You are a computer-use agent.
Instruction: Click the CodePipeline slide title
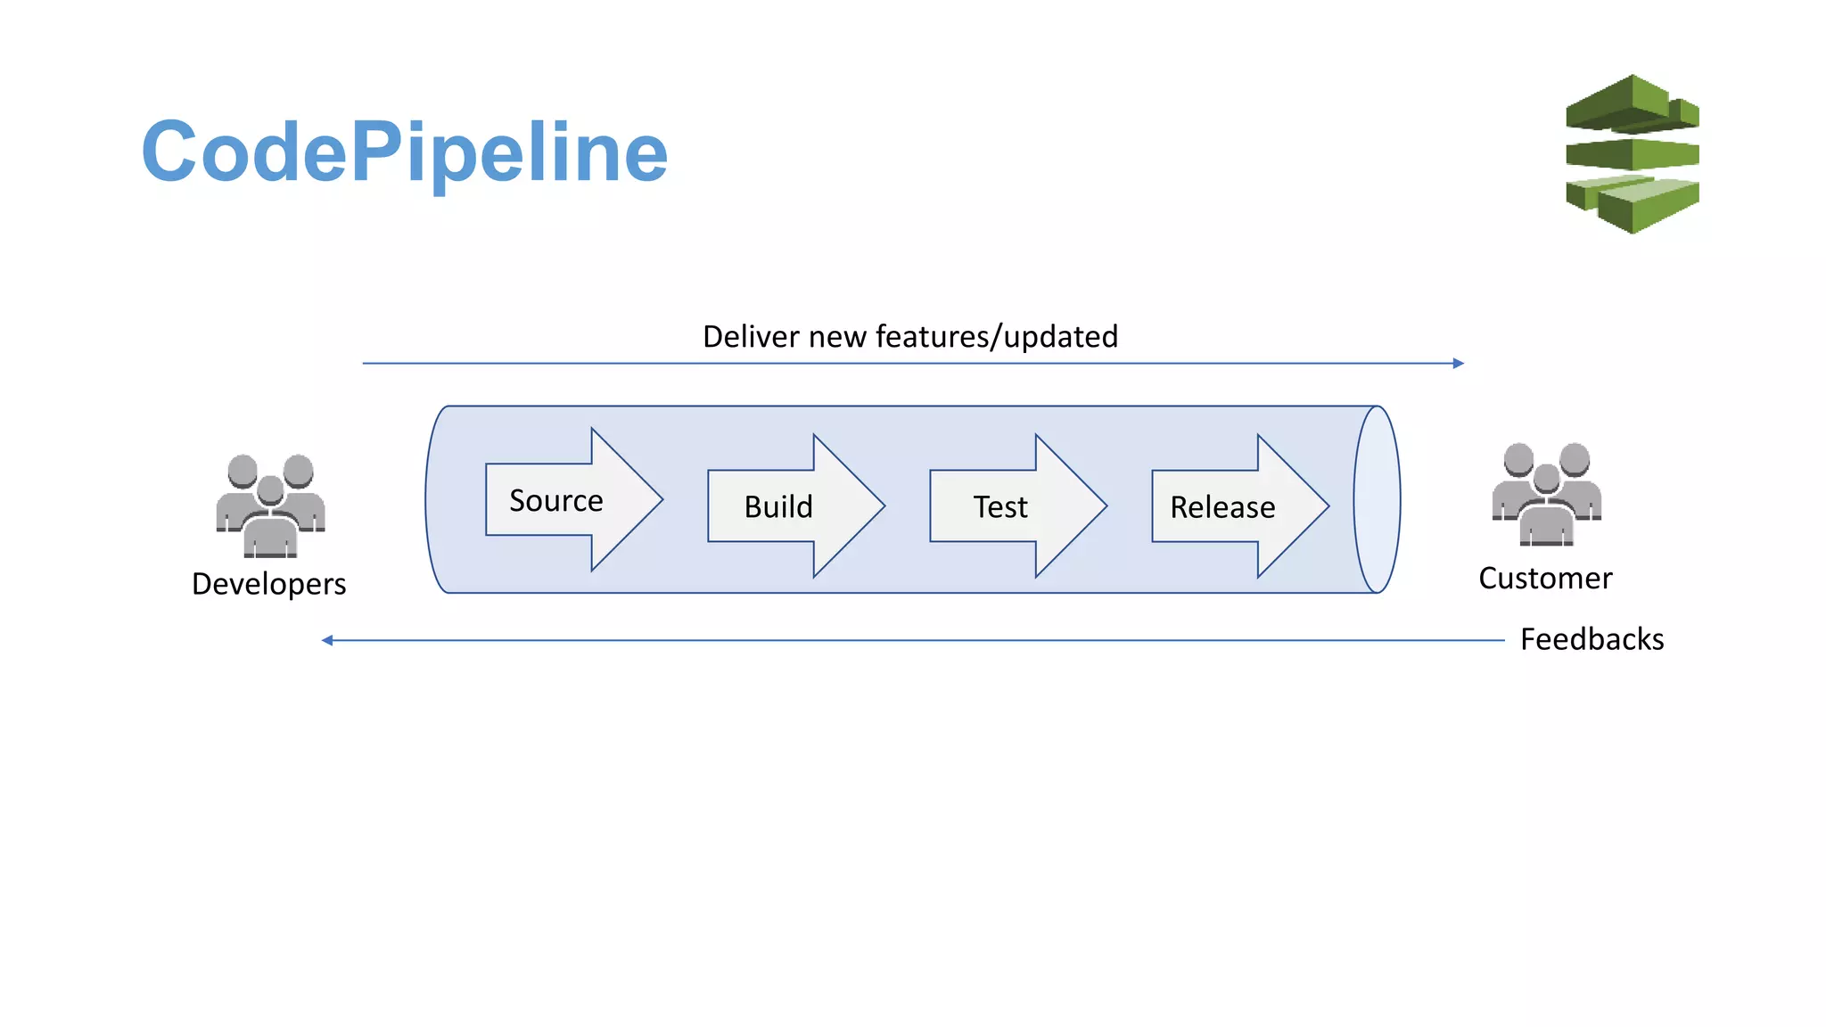404,152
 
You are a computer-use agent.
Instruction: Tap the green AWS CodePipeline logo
1632,154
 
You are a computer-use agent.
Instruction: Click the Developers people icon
270,505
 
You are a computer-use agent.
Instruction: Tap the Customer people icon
1547,494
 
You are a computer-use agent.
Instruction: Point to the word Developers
268,584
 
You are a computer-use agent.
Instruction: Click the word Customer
1545,579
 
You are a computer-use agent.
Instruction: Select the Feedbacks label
1592,639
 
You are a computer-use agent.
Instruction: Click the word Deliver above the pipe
751,337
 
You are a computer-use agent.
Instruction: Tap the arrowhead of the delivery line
1459,363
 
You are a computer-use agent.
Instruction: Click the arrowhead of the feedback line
327,640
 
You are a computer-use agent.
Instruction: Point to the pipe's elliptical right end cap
1377,499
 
